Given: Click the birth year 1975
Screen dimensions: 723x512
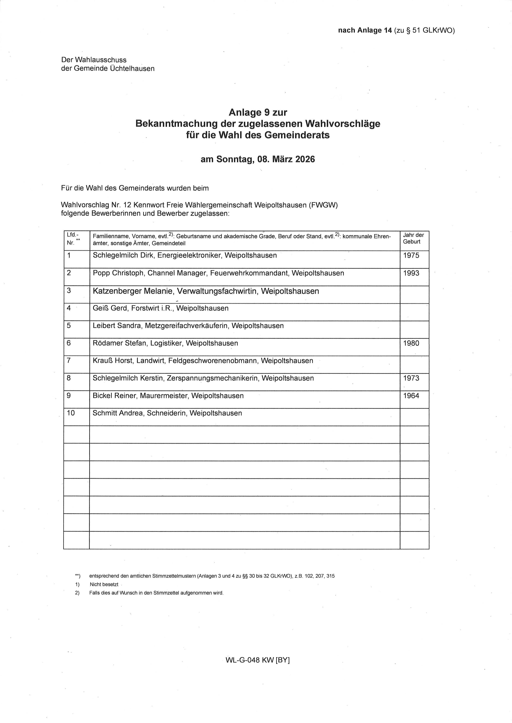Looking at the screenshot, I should click(411, 255).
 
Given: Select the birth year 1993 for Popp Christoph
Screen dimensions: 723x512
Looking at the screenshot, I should click(411, 273).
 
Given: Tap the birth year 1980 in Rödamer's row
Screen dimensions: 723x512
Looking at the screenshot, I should click(411, 343).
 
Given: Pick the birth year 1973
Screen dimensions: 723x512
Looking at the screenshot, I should click(411, 378).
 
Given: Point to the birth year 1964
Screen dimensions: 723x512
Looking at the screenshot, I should click(411, 396).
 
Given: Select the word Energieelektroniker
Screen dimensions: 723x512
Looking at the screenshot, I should click(190, 255).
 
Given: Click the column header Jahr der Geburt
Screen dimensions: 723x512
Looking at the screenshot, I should click(413, 238).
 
